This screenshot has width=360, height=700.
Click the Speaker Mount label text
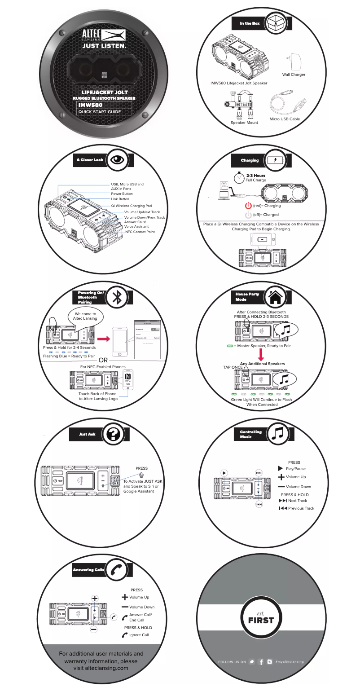pos(244,123)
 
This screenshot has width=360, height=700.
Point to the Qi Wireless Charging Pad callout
pos(134,205)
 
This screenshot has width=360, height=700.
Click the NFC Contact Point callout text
pos(140,232)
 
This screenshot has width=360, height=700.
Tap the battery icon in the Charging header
pos(275,160)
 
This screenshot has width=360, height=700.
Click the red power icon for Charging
pos(248,206)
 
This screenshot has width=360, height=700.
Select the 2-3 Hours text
pos(256,176)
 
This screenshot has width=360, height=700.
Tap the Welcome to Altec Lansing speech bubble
pos(85,316)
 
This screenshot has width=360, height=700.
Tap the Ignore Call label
pos(139,635)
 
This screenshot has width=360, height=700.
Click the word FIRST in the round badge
pos(261,620)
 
